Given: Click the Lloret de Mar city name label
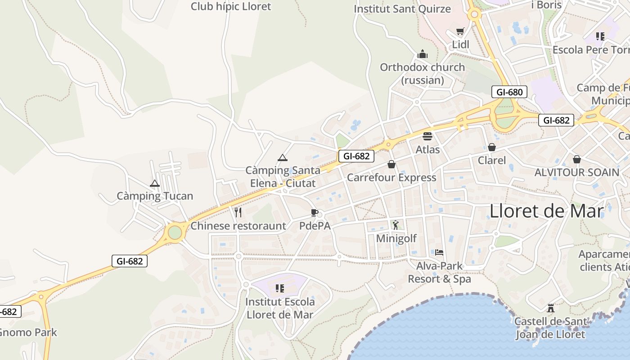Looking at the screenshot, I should pyautogui.click(x=546, y=211).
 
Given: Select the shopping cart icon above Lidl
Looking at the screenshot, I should pyautogui.click(x=460, y=31).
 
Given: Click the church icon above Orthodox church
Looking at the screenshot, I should pyautogui.click(x=422, y=54).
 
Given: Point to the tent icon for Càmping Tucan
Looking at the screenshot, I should pyautogui.click(x=155, y=183).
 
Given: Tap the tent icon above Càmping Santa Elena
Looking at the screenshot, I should pyautogui.click(x=282, y=157).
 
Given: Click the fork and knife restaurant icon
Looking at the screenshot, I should pyautogui.click(x=238, y=212).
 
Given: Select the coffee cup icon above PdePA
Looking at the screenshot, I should pyautogui.click(x=314, y=212).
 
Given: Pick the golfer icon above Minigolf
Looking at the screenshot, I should pyautogui.click(x=396, y=225).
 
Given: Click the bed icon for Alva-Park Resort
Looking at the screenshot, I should pyautogui.click(x=439, y=252).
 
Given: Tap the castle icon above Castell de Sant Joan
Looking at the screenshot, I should pyautogui.click(x=550, y=308).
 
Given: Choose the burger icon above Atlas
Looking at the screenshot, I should pyautogui.click(x=427, y=136).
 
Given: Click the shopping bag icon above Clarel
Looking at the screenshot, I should pyautogui.click(x=491, y=147).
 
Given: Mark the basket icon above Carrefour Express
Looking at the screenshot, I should pyautogui.click(x=391, y=164).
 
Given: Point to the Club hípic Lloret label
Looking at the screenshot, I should pyautogui.click(x=231, y=6).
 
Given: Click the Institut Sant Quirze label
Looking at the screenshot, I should pyautogui.click(x=402, y=9).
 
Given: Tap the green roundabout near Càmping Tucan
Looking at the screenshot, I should pyautogui.click(x=175, y=233).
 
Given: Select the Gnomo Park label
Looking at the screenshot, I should pyautogui.click(x=28, y=333).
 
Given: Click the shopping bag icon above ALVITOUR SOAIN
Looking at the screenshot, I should pyautogui.click(x=576, y=159).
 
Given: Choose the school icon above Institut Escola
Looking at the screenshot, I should pyautogui.click(x=279, y=288).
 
